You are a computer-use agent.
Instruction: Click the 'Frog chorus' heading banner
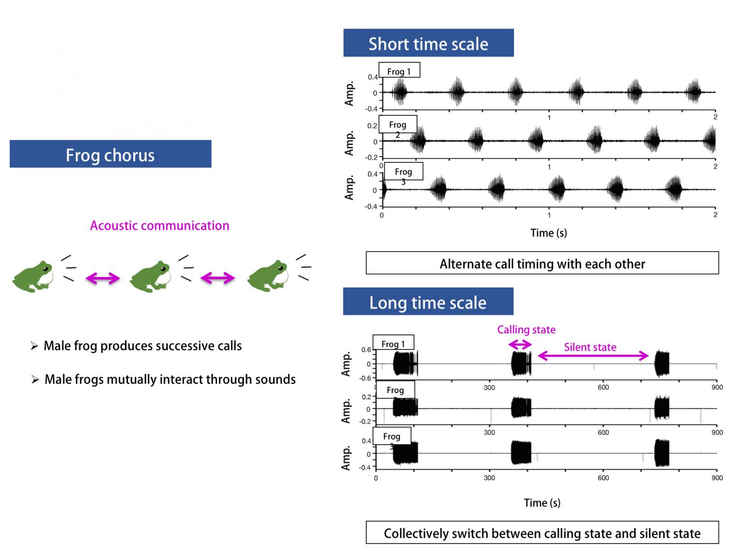[x=110, y=154]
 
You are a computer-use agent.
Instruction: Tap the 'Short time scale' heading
[x=428, y=43]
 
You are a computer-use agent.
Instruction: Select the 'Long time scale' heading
[x=428, y=302]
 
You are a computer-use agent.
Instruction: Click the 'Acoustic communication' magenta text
[x=160, y=226]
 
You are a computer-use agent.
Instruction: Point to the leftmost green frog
[x=32, y=276]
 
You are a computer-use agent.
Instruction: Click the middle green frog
[x=150, y=276]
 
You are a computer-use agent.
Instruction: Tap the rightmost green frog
[x=267, y=276]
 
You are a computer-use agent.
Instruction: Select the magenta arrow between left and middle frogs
[x=103, y=279]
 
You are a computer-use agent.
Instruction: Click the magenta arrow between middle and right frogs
[x=218, y=279]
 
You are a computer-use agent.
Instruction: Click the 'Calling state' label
[x=526, y=330]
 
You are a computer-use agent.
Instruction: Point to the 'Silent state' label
[x=590, y=347]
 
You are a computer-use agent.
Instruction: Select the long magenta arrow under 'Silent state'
[x=593, y=356]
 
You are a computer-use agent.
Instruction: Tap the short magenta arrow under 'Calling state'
[x=520, y=345]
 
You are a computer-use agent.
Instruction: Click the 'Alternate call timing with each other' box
[x=542, y=263]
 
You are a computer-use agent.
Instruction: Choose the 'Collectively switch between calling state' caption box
[x=542, y=533]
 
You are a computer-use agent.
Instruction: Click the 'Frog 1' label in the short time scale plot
[x=399, y=71]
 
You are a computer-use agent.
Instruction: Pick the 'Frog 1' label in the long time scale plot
[x=393, y=343]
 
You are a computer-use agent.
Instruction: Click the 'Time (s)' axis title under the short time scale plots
[x=549, y=233]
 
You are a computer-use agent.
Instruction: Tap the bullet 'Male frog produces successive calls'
[x=142, y=346]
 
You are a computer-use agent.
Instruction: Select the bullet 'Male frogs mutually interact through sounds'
[x=170, y=380]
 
